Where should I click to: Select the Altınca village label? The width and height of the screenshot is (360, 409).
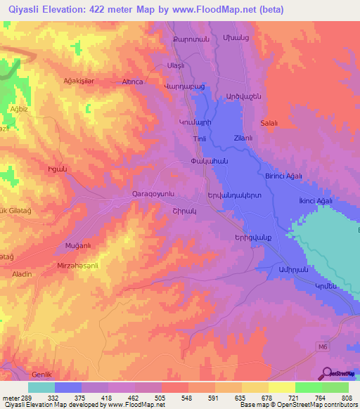133,82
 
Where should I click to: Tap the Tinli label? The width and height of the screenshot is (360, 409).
198,138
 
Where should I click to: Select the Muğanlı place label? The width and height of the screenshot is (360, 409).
79,247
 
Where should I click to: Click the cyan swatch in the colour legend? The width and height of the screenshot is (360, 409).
41,387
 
